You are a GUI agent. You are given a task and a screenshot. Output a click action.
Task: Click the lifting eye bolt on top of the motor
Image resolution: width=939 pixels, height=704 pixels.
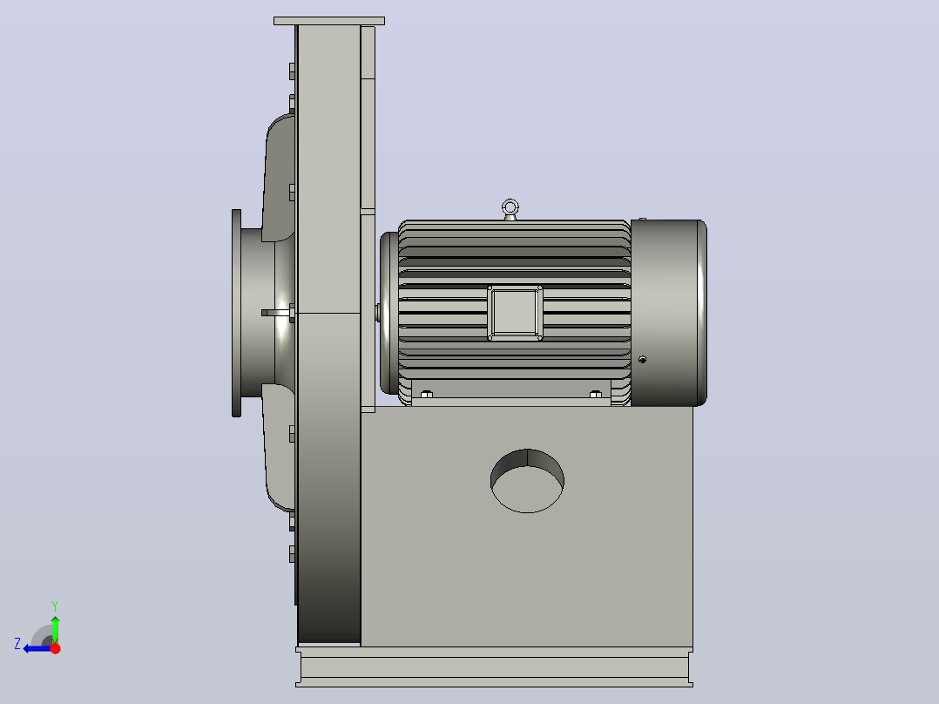click(x=510, y=210)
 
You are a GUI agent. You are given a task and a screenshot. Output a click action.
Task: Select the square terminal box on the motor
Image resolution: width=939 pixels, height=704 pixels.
click(x=515, y=313)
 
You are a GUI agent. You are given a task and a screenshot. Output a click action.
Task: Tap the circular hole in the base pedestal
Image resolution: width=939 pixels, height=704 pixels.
click(x=527, y=481)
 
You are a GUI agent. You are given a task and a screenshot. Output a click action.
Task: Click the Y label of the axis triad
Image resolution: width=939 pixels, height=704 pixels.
click(x=55, y=606)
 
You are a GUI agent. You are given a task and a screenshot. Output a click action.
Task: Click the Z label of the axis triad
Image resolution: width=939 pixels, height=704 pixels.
click(x=17, y=644)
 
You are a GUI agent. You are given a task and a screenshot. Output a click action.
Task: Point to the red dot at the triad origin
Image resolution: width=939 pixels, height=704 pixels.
click(x=55, y=648)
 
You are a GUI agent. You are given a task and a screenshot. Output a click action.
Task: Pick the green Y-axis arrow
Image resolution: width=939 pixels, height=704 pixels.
click(x=55, y=629)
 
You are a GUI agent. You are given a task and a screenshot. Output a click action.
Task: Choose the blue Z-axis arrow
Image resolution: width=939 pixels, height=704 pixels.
click(x=37, y=648)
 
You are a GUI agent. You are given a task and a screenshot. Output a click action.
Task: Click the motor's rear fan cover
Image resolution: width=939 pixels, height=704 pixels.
click(x=669, y=313)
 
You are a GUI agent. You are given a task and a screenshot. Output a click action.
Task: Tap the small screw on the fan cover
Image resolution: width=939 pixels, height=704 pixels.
click(x=643, y=360)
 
